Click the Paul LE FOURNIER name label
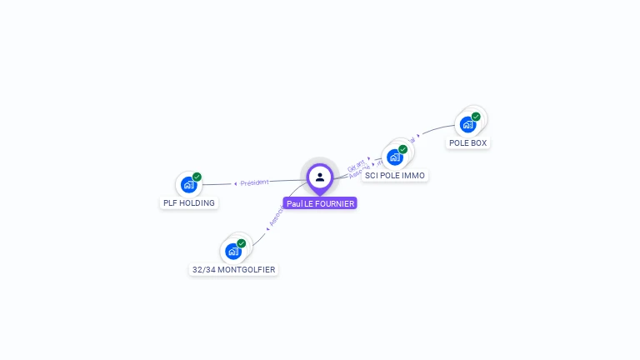click(320, 203)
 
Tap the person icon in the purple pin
click(320, 177)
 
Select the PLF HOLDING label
click(188, 202)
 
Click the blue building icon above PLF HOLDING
click(188, 184)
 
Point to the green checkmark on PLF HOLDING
click(197, 177)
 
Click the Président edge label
click(254, 182)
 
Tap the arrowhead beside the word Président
click(236, 183)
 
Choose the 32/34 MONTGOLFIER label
click(233, 269)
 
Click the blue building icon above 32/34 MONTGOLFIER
click(232, 251)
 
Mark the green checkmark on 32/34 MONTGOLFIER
click(242, 243)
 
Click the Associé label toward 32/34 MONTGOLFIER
click(276, 217)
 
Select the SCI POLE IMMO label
click(395, 176)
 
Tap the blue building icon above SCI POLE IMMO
click(394, 157)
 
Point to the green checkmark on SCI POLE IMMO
click(403, 149)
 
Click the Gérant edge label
click(356, 164)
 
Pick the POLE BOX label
click(467, 142)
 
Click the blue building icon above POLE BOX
click(467, 124)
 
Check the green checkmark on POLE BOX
click(476, 117)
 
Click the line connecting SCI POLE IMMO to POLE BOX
click(437, 130)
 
